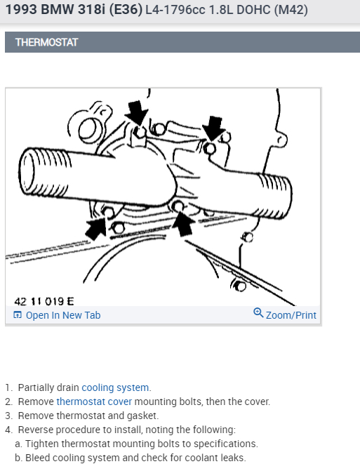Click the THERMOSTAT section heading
click(46, 42)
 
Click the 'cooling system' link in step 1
click(115, 387)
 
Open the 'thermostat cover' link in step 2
click(94, 402)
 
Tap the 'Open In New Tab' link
click(63, 315)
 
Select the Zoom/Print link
click(291, 315)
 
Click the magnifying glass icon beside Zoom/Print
click(258, 313)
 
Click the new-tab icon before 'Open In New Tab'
click(18, 315)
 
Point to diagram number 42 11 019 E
click(44, 301)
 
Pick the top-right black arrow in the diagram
click(213, 128)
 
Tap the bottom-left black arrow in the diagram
click(96, 227)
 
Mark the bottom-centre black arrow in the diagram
click(184, 223)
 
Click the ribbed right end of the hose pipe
click(276, 196)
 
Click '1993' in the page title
click(21, 9)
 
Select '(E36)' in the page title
click(126, 9)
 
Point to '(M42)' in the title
click(291, 10)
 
